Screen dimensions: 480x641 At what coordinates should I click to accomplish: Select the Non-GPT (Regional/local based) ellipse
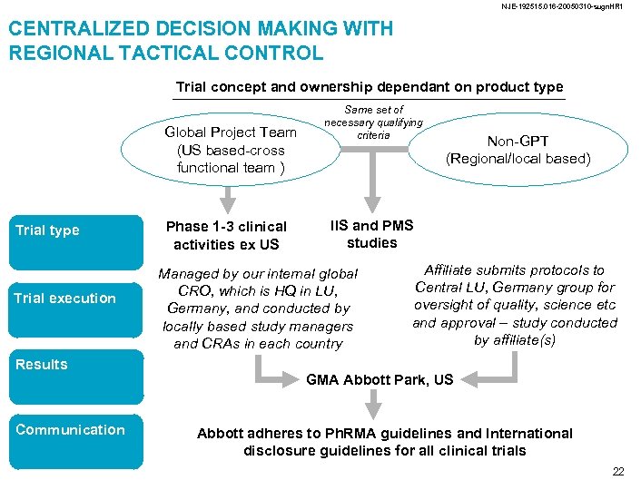(x=518, y=150)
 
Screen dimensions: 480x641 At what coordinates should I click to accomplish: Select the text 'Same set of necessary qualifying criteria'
(x=373, y=122)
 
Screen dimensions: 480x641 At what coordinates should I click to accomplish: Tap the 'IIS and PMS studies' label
(x=371, y=234)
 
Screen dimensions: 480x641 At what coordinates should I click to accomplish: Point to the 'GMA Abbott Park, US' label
(x=380, y=379)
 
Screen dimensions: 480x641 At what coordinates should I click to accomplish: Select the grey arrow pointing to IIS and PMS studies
(x=370, y=191)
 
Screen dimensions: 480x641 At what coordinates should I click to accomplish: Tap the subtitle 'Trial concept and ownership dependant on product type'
(x=369, y=87)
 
